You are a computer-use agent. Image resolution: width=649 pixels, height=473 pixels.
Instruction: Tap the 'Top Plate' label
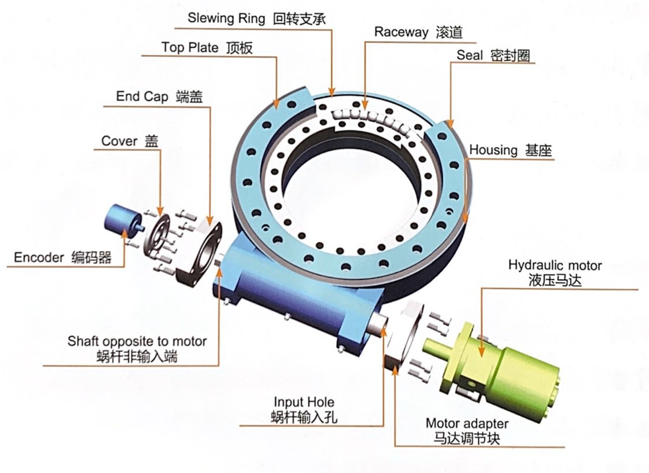[190, 47]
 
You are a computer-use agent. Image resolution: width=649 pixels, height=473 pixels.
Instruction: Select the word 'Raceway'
[401, 32]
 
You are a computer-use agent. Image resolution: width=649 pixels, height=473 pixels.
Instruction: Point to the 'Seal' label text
[469, 55]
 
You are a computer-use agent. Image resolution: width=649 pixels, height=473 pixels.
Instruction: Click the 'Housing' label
[493, 150]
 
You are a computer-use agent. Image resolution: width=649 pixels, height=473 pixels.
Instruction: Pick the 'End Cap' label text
[142, 97]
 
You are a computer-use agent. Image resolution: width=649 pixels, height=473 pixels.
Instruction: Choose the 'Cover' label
[119, 141]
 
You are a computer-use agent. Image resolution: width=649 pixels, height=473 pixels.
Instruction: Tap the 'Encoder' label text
[39, 257]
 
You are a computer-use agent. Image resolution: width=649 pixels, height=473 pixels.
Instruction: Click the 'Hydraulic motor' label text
[555, 266]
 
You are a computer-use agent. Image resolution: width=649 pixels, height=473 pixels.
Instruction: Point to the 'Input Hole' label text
[304, 402]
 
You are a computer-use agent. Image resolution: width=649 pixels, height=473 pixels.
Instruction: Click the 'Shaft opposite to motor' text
[137, 341]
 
